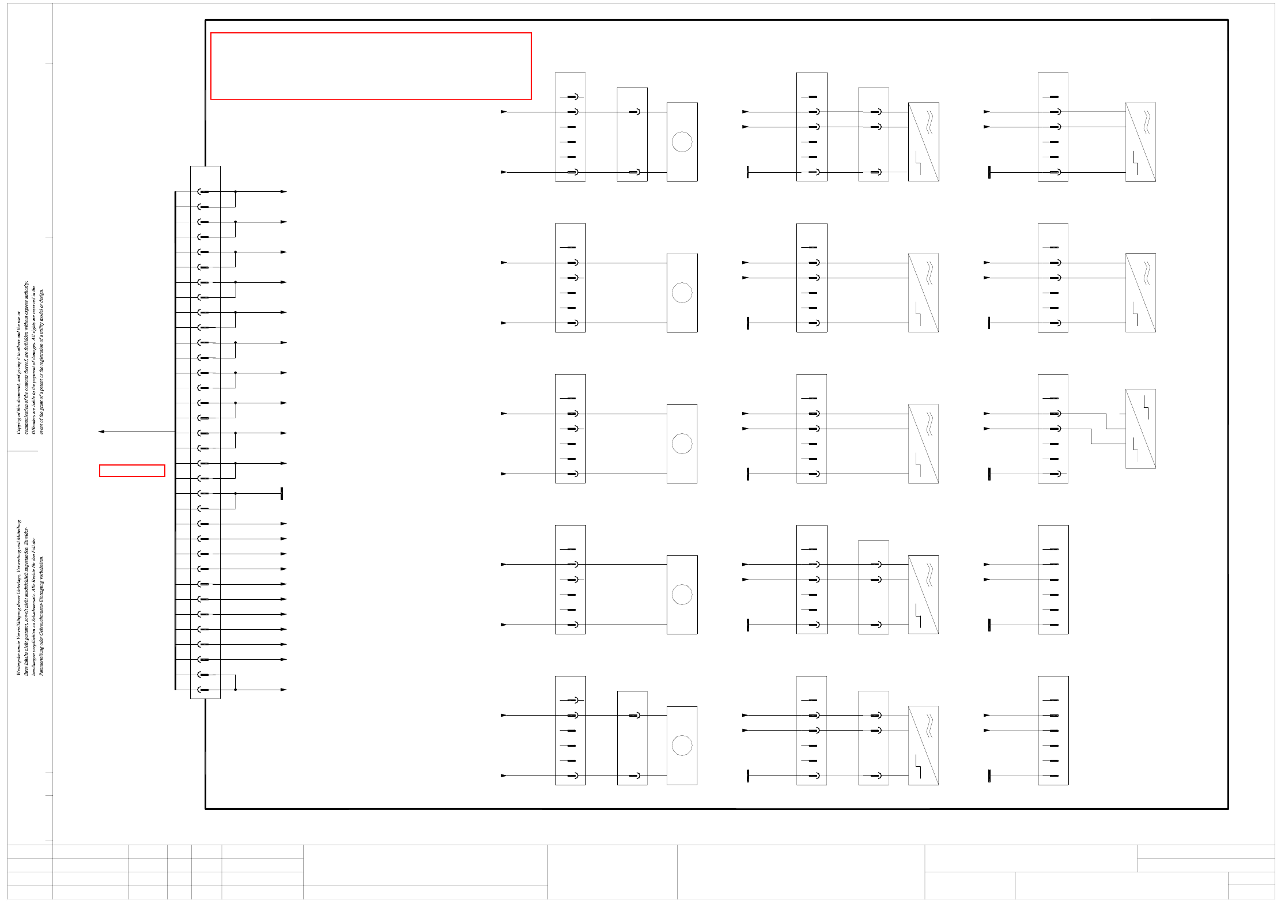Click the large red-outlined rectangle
pyautogui.click(x=371, y=66)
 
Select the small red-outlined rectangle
pyautogui.click(x=132, y=471)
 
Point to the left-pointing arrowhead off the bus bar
pyautogui.click(x=101, y=432)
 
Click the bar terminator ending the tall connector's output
pyautogui.click(x=282, y=494)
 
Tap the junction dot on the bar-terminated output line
pyautogui.click(x=235, y=494)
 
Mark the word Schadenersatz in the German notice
pyautogui.click(x=34, y=605)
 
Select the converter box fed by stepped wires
pyautogui.click(x=1140, y=429)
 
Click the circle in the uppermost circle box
pyautogui.click(x=682, y=142)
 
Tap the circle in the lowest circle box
pyautogui.click(x=682, y=746)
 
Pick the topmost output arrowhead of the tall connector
pyautogui.click(x=284, y=192)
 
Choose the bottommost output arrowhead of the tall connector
pyautogui.click(x=284, y=690)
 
